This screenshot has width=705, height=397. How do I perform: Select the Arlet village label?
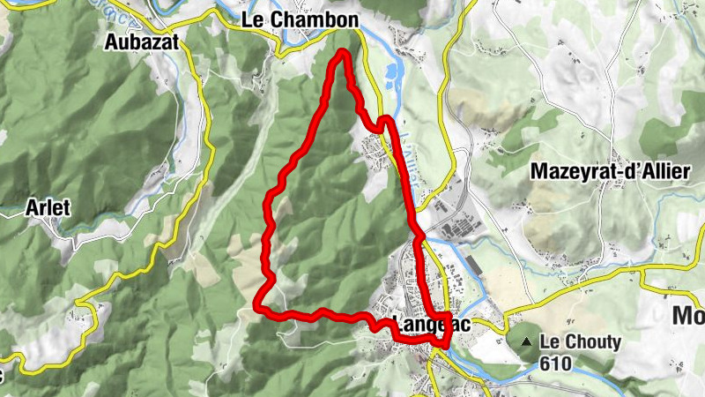pos(48,207)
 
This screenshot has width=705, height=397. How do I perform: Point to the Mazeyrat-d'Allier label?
pos(609,173)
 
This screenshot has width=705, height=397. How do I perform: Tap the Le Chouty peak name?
pos(581,342)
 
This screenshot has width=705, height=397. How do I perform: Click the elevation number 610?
pos(558,363)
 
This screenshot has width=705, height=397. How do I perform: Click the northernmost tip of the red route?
pos(342,53)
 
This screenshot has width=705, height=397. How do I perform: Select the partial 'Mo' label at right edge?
pos(688,315)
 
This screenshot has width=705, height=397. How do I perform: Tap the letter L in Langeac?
pos(395,325)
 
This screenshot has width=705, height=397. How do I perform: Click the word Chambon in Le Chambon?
pos(324,20)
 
